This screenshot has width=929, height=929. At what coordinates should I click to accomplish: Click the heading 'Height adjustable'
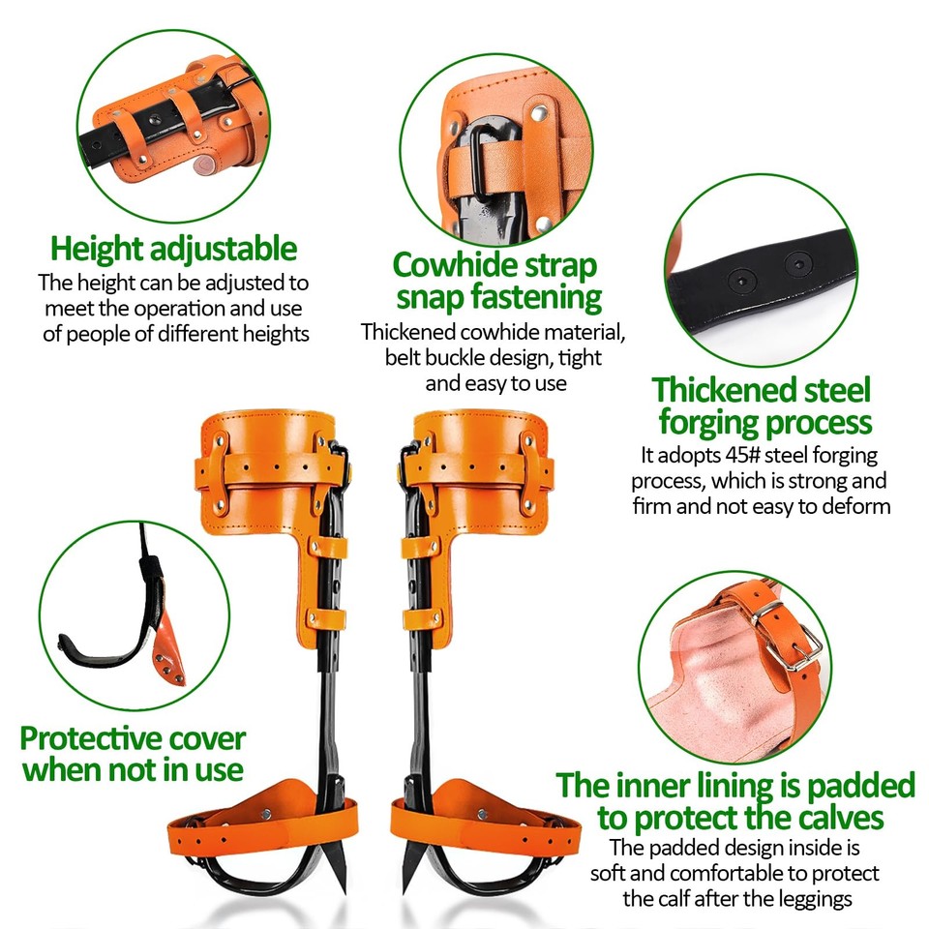173,250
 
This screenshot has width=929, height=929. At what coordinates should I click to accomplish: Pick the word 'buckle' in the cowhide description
459,358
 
